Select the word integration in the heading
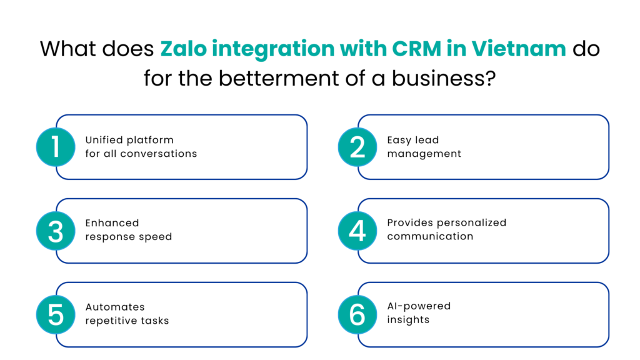(273, 49)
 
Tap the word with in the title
(363, 49)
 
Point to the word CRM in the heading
(417, 49)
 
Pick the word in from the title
(456, 49)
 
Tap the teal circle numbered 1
(56, 147)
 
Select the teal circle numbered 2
(357, 147)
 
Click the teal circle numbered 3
(56, 231)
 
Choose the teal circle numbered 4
(357, 231)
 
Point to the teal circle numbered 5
(56, 314)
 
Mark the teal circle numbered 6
(357, 314)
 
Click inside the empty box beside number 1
(191, 147)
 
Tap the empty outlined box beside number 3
(191, 231)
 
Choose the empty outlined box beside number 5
(191, 314)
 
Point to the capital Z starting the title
(167, 49)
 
